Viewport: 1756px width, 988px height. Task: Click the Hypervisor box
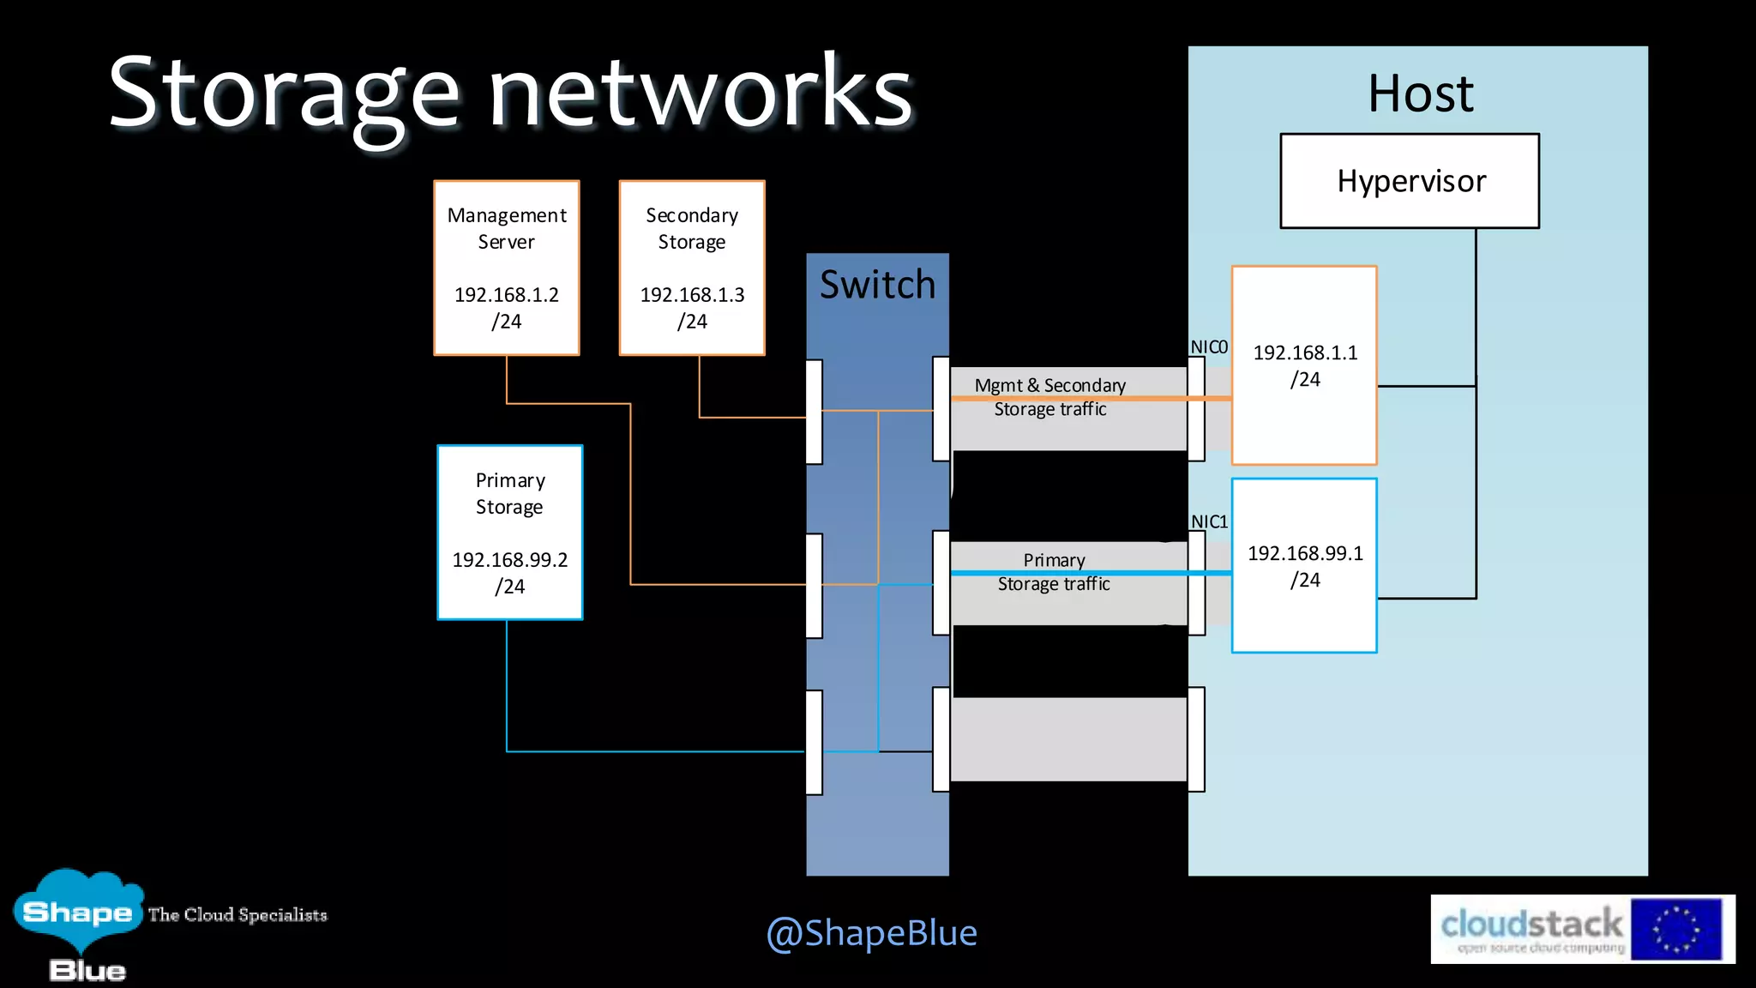(x=1410, y=181)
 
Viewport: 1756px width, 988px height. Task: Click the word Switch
(x=877, y=285)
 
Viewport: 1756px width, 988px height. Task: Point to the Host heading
(x=1420, y=93)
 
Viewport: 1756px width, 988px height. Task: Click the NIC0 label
(x=1209, y=347)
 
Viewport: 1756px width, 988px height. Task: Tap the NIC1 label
(x=1209, y=521)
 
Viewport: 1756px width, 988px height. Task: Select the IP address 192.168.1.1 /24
(x=1305, y=365)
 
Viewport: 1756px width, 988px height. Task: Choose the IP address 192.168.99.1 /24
(x=1305, y=566)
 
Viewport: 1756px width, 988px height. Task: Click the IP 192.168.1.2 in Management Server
(x=507, y=295)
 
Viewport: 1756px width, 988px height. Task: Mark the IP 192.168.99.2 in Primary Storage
(x=510, y=560)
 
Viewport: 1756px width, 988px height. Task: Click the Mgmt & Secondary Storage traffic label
(x=1050, y=397)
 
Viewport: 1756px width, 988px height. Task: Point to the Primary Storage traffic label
(x=1054, y=572)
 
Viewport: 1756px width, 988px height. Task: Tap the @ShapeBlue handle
(x=871, y=932)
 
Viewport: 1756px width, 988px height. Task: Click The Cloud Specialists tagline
(x=238, y=915)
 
